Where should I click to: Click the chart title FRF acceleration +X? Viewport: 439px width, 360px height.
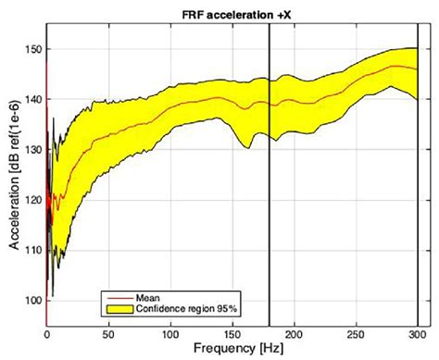[232, 10]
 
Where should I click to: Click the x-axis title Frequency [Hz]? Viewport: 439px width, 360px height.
[232, 349]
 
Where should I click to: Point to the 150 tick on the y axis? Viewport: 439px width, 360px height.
[32, 48]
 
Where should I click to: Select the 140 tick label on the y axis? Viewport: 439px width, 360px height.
[32, 99]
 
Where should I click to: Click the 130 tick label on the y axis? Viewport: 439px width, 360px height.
[32, 149]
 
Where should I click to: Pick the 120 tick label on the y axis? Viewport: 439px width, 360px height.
[32, 199]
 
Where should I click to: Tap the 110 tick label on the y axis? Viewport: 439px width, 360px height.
[32, 250]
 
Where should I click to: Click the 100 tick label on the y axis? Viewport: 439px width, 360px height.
[32, 300]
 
